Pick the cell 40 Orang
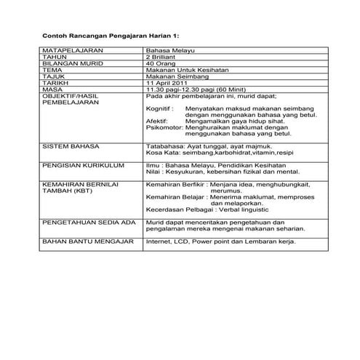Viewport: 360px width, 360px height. [161, 64]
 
